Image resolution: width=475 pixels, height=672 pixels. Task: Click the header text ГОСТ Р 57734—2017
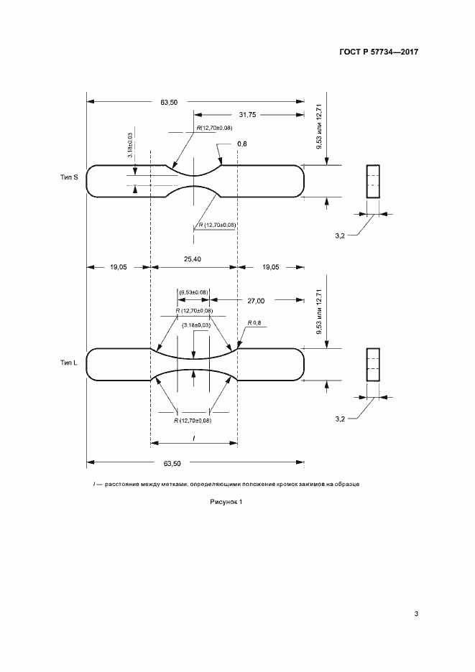378,52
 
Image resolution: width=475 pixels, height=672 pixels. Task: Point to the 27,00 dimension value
256,300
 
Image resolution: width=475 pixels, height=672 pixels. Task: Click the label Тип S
69,177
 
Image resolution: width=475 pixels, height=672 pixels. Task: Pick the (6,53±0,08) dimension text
193,292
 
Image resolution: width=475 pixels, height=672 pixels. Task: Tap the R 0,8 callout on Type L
255,323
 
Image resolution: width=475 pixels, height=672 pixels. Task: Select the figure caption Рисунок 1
226,502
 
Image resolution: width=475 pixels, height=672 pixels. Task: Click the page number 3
416,613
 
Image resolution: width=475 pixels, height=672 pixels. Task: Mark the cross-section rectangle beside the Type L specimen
372,364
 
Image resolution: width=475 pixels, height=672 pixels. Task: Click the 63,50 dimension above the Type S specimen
169,103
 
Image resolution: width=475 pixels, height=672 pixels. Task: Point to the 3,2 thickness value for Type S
340,234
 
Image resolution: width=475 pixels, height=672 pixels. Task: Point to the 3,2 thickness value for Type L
340,417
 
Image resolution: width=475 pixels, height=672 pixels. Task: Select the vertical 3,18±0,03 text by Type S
130,145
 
